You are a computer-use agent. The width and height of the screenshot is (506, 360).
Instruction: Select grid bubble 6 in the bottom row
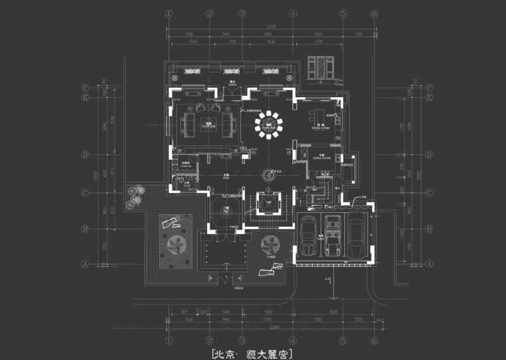[375, 339]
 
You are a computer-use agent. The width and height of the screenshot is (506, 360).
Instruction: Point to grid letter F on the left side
[85, 87]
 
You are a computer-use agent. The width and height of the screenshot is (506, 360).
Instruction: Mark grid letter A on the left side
[85, 264]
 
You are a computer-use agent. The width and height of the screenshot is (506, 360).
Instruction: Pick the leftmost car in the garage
[308, 236]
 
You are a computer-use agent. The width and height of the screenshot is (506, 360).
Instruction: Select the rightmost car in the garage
[356, 236]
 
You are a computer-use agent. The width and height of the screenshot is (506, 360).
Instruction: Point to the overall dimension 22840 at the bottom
[272, 327]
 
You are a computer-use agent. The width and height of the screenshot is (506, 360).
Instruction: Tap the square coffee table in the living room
[208, 123]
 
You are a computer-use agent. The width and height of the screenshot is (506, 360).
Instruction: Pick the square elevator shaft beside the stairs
[268, 202]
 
